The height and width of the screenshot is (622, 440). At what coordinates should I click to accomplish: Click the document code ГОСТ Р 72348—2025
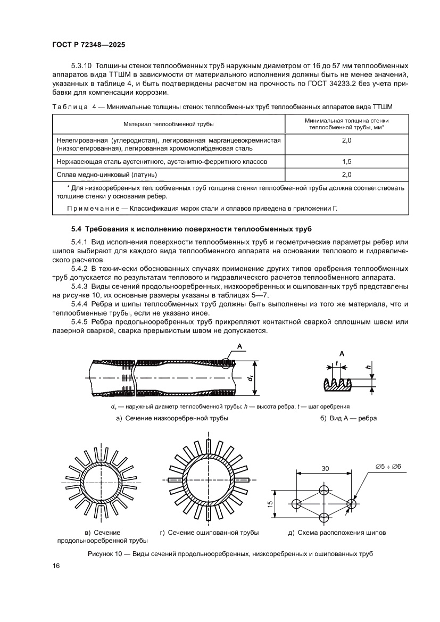88,46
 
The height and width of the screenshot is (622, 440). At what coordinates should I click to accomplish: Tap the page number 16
56,566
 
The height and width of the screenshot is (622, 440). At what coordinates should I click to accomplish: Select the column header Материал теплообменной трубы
169,124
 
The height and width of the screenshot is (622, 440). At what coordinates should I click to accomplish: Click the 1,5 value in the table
347,161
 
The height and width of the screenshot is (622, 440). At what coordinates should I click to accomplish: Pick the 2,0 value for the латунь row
347,174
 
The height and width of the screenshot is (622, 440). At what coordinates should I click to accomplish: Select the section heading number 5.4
78,229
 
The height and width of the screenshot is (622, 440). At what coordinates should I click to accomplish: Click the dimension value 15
270,503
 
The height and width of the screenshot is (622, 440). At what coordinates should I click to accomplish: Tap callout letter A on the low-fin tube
239,347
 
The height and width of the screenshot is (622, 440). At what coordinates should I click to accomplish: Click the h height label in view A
368,367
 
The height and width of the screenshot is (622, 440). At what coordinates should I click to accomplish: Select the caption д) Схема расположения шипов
337,532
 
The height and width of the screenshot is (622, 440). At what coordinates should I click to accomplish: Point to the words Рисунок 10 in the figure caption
105,554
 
